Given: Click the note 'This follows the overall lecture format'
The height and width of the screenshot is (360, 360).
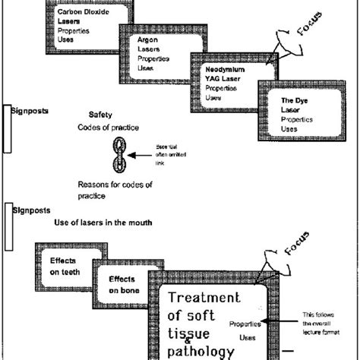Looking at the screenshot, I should pos(323,325).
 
